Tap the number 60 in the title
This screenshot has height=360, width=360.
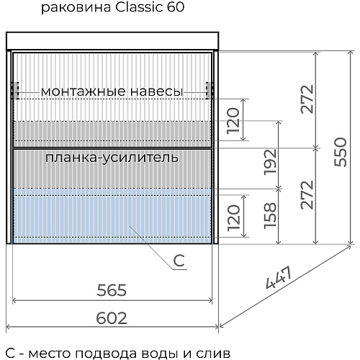click(175, 9)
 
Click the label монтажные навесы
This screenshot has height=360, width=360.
click(112, 91)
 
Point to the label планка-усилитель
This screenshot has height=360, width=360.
click(112, 156)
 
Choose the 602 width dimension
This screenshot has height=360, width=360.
click(112, 318)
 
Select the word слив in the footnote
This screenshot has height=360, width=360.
click(216, 353)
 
